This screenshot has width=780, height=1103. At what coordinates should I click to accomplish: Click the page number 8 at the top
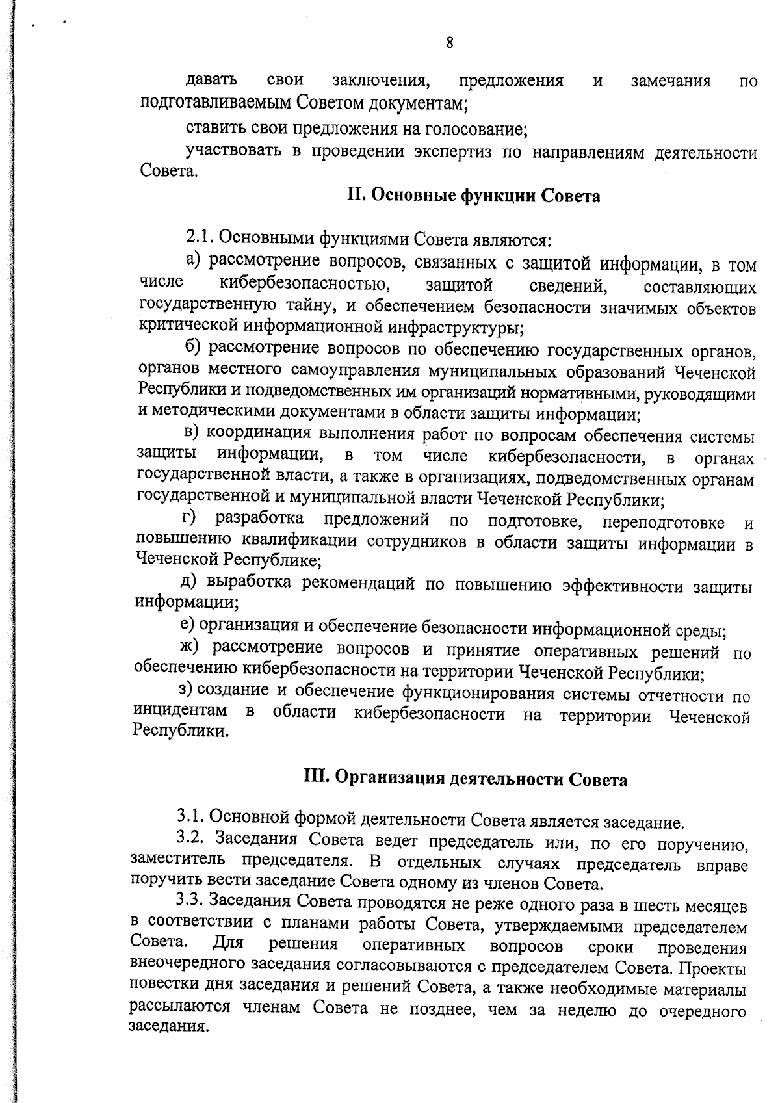[449, 43]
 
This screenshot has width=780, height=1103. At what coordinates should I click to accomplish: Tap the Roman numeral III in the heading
[316, 778]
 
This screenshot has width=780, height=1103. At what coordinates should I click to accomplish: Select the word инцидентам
[180, 712]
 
